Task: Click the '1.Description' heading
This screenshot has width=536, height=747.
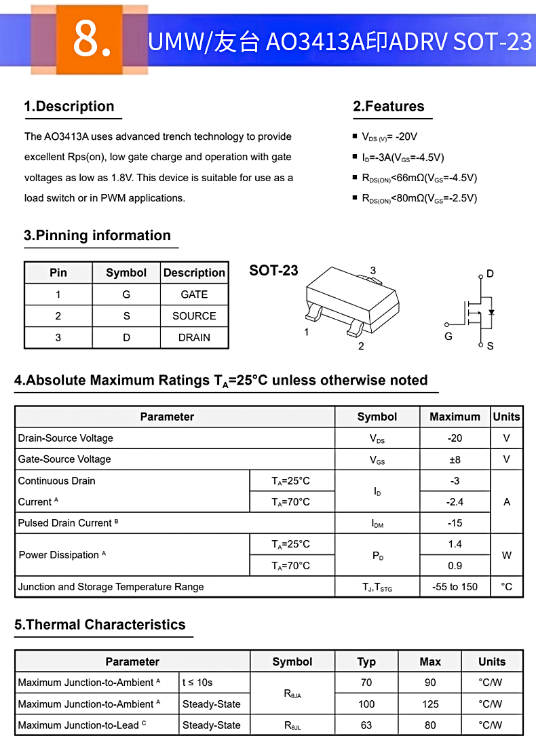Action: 69,107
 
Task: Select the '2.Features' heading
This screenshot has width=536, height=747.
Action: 388,107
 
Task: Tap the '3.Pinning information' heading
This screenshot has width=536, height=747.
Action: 97,235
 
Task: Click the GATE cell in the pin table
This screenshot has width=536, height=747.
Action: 194,294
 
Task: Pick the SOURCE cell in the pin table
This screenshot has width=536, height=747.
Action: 194,316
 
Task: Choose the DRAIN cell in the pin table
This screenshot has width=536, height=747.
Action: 194,337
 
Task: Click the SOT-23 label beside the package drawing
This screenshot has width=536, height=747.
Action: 273,270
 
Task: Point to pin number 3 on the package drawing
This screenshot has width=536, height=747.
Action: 373,271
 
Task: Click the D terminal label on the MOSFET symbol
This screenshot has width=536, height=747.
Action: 490,274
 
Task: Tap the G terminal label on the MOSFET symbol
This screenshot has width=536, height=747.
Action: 448,336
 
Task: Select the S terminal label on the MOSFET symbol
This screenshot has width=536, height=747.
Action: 490,346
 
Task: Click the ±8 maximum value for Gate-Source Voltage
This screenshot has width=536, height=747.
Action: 455,459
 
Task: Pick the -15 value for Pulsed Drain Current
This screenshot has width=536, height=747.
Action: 455,523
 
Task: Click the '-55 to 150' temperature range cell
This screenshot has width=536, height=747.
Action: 455,587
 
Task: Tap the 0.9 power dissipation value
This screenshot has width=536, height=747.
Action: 455,565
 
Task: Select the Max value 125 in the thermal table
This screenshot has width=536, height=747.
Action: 430,704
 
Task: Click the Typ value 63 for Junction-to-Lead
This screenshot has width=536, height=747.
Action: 366,725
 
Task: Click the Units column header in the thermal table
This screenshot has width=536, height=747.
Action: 491,662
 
